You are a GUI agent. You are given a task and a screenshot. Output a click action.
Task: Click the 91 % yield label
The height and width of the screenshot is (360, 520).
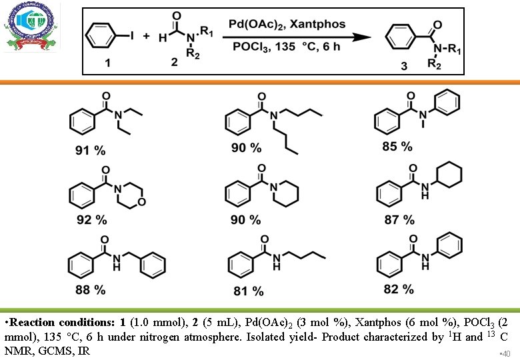[90, 151]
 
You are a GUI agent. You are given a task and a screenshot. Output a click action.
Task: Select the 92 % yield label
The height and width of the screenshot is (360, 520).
[91, 219]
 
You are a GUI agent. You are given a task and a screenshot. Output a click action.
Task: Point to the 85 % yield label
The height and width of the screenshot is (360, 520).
[397, 146]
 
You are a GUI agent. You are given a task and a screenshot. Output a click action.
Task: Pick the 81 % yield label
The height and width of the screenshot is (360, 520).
[249, 291]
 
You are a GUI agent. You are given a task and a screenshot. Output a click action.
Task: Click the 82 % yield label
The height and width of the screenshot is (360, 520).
[399, 289]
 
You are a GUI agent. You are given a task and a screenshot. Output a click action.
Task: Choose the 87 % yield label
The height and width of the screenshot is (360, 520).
[399, 219]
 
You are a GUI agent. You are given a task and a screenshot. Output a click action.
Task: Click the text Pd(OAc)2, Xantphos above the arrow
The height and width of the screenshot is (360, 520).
[287, 25]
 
